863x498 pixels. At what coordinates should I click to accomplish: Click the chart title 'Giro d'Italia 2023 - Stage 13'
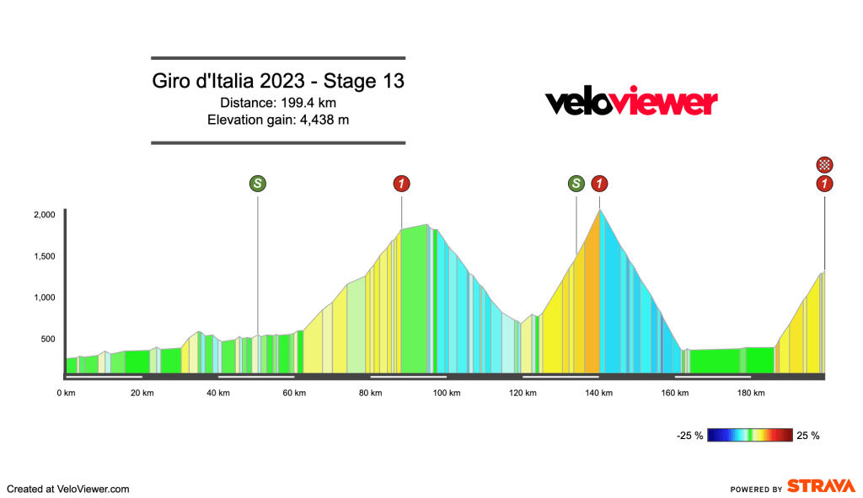pyautogui.click(x=278, y=82)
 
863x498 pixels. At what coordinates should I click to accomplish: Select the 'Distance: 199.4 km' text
pyautogui.click(x=278, y=103)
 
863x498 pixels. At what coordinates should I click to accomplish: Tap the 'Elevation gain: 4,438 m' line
pyautogui.click(x=278, y=120)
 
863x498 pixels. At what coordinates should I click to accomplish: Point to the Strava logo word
pyautogui.click(x=820, y=487)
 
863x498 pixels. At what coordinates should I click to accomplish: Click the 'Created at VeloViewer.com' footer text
pyautogui.click(x=68, y=488)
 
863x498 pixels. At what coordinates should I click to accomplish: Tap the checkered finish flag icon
pyautogui.click(x=825, y=164)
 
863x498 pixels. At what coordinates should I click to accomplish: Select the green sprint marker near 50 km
pyautogui.click(x=257, y=183)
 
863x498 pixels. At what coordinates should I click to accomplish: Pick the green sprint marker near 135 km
pyautogui.click(x=576, y=183)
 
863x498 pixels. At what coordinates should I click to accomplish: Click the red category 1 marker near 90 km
pyautogui.click(x=402, y=183)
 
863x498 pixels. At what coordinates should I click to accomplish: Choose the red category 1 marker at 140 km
pyautogui.click(x=599, y=183)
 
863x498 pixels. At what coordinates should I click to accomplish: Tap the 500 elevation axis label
pyautogui.click(x=47, y=340)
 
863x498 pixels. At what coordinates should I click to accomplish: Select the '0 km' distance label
pyautogui.click(x=66, y=393)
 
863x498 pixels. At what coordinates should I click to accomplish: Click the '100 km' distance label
pyautogui.click(x=446, y=393)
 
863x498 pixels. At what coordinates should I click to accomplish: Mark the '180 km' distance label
pyautogui.click(x=751, y=393)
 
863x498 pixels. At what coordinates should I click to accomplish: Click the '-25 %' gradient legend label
pyautogui.click(x=689, y=436)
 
